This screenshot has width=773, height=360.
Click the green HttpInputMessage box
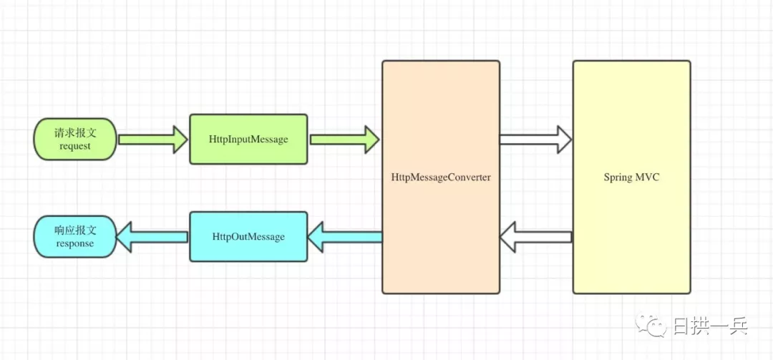point(248,139)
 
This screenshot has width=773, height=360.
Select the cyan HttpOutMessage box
point(248,236)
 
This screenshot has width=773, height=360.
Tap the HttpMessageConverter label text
point(441,177)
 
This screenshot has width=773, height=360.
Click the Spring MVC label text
point(631,177)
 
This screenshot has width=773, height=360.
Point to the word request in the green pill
point(75,146)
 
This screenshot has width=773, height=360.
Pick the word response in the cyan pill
point(75,243)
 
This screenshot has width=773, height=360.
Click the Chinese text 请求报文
point(75,132)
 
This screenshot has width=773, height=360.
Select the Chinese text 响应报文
point(75,230)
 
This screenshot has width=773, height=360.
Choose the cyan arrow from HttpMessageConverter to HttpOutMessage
point(344,236)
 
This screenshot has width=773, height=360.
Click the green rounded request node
point(75,139)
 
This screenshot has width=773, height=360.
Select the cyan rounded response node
point(75,236)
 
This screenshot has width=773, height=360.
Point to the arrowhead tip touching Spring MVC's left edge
point(570,139)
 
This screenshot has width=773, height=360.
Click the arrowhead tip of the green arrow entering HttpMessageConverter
point(379,139)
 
